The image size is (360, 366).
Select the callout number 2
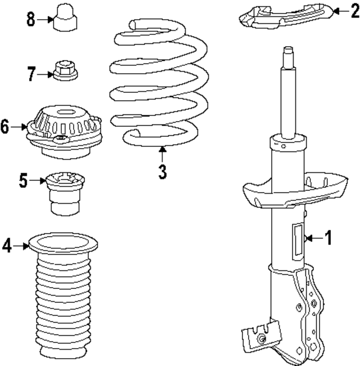pos(353,10)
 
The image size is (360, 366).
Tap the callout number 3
pos(162,171)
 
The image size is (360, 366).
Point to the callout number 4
pos(6,245)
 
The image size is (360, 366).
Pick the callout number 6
pos(5,127)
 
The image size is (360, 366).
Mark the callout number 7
pos(31,73)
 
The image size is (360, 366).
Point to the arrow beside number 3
pos(162,153)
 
